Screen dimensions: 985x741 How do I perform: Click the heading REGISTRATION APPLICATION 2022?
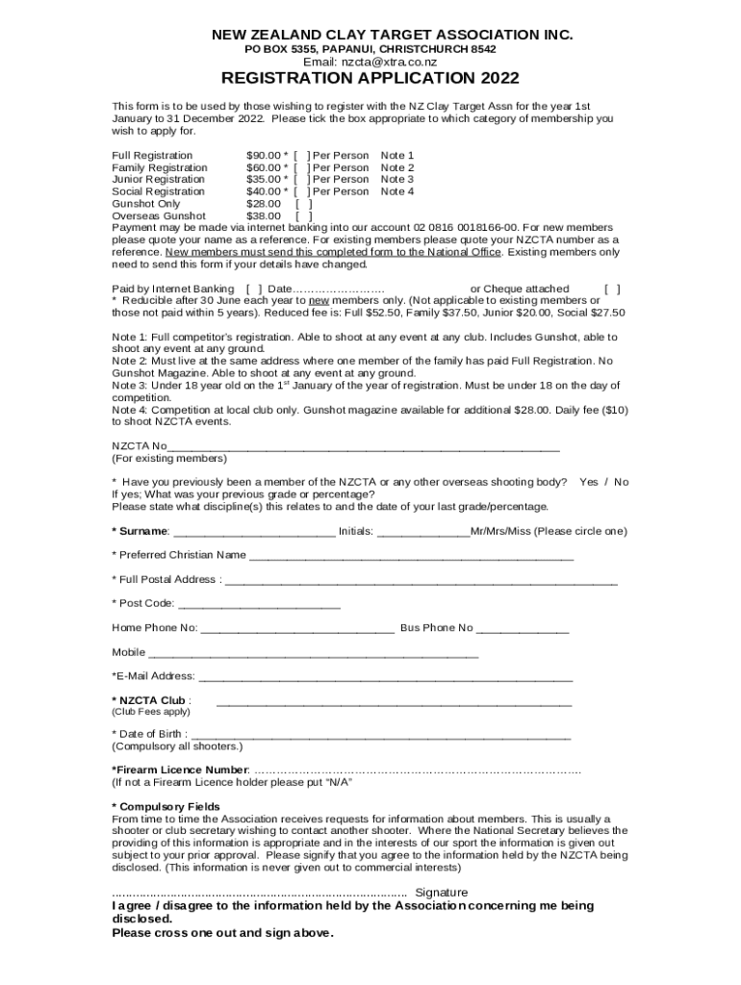(x=370, y=79)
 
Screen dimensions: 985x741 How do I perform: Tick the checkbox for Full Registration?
(x=301, y=155)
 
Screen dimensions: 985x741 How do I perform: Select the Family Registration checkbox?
(x=301, y=167)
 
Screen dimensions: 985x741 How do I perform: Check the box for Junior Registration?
(x=301, y=179)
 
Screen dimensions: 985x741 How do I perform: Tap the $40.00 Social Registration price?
(x=264, y=191)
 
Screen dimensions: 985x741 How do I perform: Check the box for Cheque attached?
(x=611, y=289)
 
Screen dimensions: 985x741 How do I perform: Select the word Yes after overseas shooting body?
(x=588, y=482)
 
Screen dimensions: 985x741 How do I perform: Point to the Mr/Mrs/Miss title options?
(x=499, y=531)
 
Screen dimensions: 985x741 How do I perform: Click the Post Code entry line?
(x=259, y=605)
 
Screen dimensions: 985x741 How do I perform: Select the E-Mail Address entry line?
(x=385, y=677)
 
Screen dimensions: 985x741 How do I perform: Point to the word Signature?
(x=441, y=893)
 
